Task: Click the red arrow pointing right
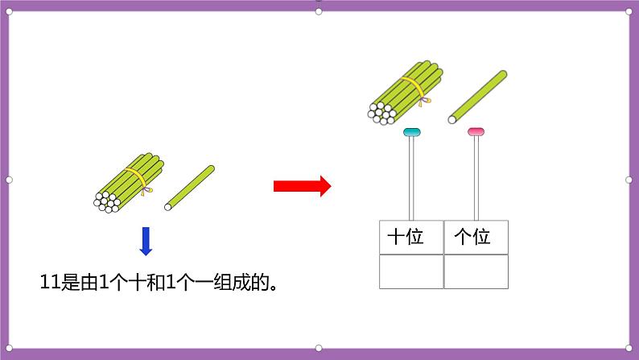pos(302,186)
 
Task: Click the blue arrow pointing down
pos(146,241)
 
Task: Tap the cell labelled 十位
pos(411,238)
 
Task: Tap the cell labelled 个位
pos(476,238)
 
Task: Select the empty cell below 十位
pos(411,271)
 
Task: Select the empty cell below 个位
pos(476,271)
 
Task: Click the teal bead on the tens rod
pos(411,131)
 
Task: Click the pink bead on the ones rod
pos(476,131)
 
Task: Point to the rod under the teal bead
pos(411,177)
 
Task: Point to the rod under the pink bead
pos(476,177)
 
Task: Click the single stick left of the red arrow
pos(190,188)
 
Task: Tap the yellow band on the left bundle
pos(137,176)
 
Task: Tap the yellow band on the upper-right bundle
pos(412,85)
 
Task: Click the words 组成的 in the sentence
pos(249,282)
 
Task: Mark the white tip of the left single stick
pos(168,207)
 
